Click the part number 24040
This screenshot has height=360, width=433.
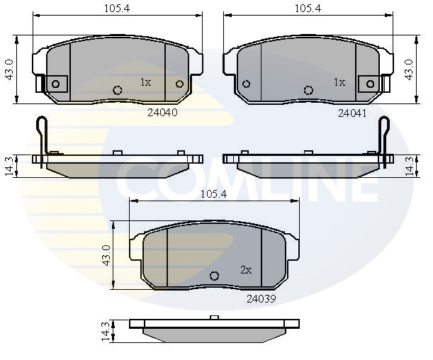(x=162, y=112)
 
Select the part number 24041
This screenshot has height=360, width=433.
(x=352, y=113)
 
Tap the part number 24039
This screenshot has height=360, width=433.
(x=261, y=298)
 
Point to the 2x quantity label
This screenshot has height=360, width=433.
(x=246, y=270)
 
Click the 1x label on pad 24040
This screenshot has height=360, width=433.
(x=145, y=82)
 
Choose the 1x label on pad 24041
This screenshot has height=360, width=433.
(x=339, y=82)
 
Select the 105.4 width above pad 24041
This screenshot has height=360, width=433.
(x=308, y=8)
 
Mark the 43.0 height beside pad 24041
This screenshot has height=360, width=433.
(x=410, y=70)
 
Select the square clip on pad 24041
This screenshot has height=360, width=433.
(x=369, y=84)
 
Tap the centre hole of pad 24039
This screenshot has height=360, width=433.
(x=215, y=276)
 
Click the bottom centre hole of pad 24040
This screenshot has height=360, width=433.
(x=118, y=90)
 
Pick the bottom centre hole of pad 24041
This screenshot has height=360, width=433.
(x=308, y=90)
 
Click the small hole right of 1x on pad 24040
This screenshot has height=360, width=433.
(x=179, y=84)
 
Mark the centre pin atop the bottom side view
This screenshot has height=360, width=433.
(x=213, y=317)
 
